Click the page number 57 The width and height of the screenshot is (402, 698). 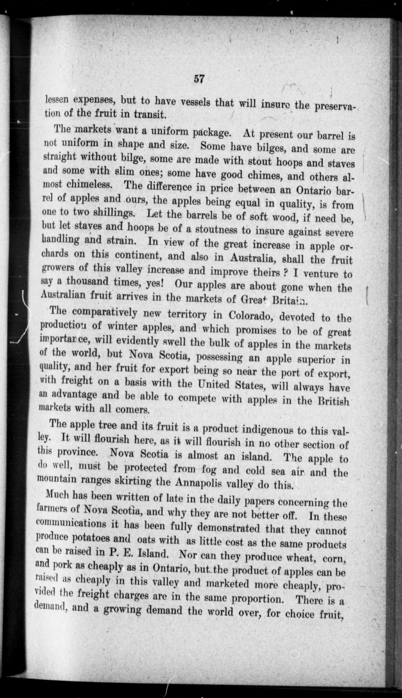click(199, 79)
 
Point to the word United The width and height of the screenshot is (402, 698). click(214, 384)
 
